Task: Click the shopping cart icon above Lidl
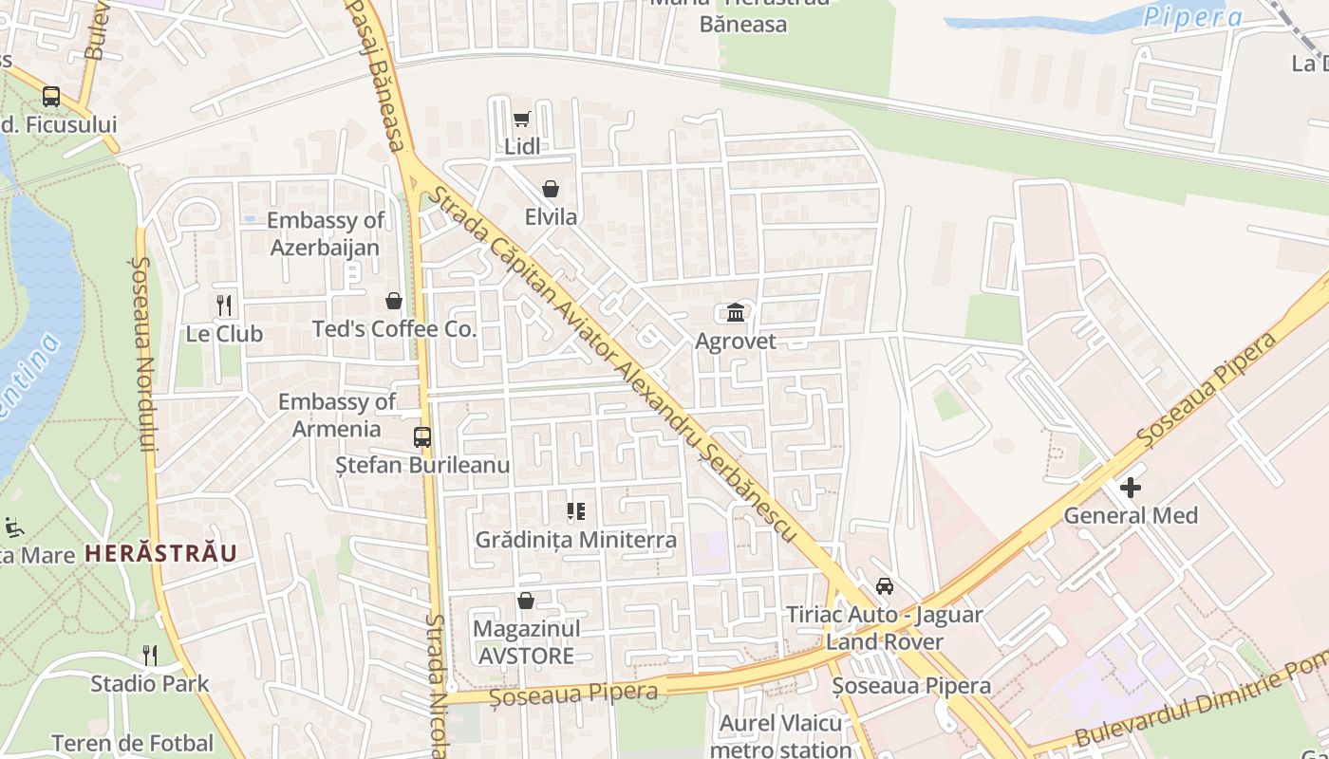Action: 521,119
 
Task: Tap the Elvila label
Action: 551,216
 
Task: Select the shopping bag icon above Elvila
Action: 551,189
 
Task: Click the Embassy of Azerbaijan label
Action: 325,233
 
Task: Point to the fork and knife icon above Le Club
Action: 224,305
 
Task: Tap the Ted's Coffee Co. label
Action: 394,329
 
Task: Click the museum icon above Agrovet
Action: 736,312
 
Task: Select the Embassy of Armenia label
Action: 336,415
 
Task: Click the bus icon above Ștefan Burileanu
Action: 422,437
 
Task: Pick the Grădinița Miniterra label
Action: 576,540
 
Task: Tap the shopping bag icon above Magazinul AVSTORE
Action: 526,601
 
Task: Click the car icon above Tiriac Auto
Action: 885,586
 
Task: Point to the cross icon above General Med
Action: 1131,488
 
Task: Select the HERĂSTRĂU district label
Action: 160,553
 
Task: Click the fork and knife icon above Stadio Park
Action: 150,655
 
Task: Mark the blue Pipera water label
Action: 1192,17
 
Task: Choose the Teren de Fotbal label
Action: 133,743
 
